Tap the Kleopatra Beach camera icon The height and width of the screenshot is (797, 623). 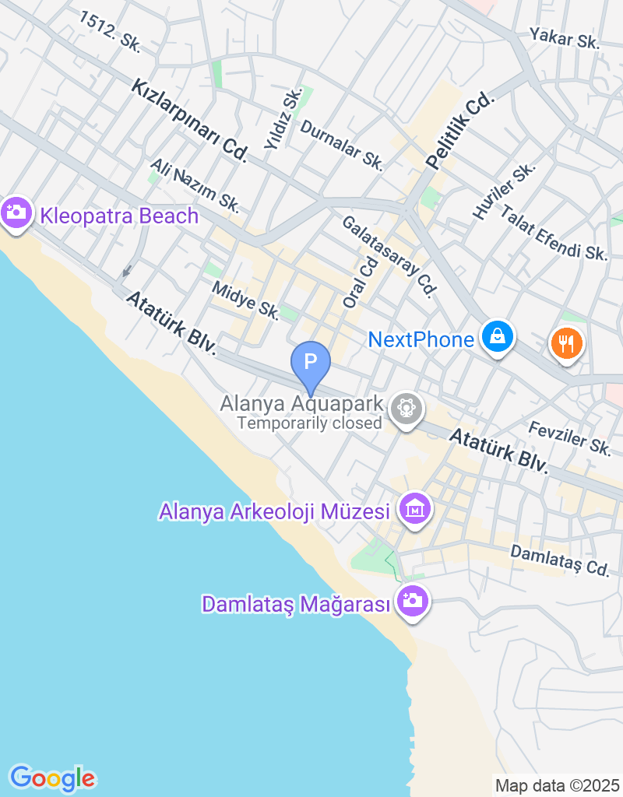pyautogui.click(x=16, y=212)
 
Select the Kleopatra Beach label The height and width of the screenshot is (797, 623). pyautogui.click(x=120, y=216)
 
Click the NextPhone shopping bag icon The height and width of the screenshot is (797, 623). pyautogui.click(x=495, y=337)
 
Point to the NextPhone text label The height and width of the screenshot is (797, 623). pyautogui.click(x=421, y=339)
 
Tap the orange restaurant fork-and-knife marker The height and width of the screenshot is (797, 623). pyautogui.click(x=567, y=342)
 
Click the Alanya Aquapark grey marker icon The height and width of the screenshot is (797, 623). pyautogui.click(x=406, y=406)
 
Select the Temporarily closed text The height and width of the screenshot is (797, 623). pyautogui.click(x=309, y=423)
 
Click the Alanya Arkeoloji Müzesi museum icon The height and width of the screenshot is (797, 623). pyautogui.click(x=414, y=509)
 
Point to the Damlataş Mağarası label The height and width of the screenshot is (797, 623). pyautogui.click(x=294, y=604)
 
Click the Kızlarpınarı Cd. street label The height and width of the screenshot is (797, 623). pyautogui.click(x=189, y=120)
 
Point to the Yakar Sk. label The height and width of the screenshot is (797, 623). pyautogui.click(x=565, y=38)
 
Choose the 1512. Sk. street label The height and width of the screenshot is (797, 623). pyautogui.click(x=110, y=32)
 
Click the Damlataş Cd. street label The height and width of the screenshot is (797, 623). pyautogui.click(x=559, y=560)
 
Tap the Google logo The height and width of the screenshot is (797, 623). pyautogui.click(x=52, y=778)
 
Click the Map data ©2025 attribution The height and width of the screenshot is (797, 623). pyautogui.click(x=557, y=785)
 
